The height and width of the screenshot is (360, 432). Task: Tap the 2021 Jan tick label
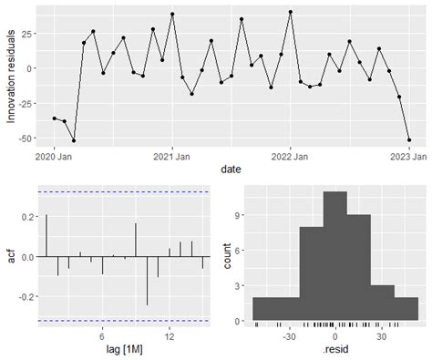(x=171, y=156)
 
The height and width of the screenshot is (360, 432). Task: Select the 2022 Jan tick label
(x=290, y=156)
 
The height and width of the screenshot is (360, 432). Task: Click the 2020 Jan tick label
(x=54, y=156)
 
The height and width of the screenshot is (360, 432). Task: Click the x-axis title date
(x=230, y=170)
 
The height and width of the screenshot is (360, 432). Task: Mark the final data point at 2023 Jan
(x=408, y=139)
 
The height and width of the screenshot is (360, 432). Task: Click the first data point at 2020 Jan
(x=55, y=118)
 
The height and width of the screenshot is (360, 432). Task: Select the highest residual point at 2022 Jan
(x=290, y=12)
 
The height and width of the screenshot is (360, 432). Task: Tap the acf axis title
(x=11, y=256)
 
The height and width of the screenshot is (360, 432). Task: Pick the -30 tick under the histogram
(x=289, y=335)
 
